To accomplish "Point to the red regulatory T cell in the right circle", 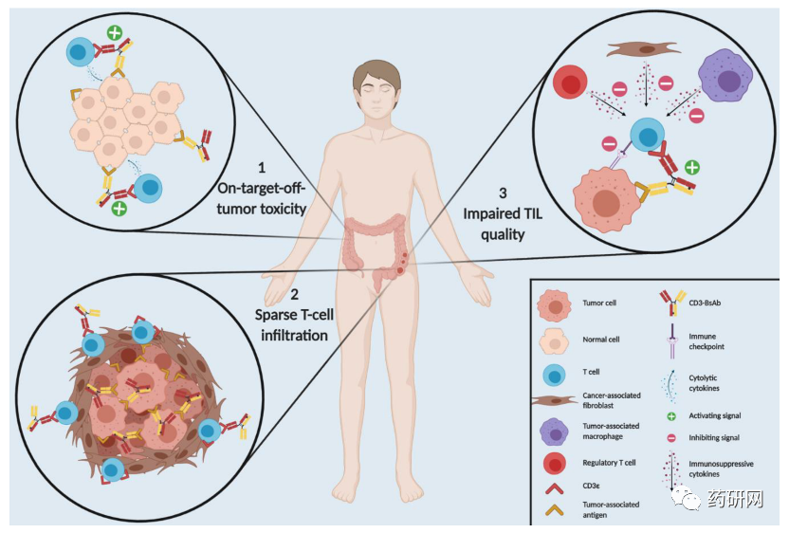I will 572,84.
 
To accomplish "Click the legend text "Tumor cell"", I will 598,304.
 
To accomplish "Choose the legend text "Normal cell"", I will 602,339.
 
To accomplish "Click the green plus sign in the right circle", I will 693,167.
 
